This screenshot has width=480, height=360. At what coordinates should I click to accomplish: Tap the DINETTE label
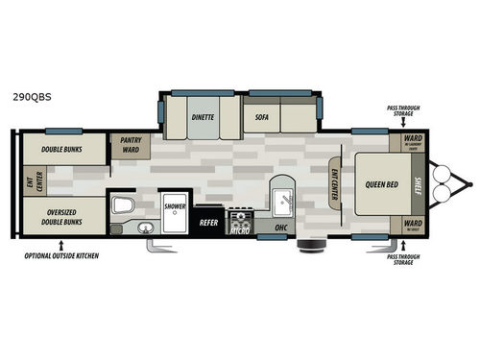coord(202,117)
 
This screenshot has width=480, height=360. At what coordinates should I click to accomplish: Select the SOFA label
coord(262,117)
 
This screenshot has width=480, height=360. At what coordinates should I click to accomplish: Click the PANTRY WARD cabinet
coord(129,146)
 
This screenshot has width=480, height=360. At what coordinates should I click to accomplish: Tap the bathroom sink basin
coord(144,228)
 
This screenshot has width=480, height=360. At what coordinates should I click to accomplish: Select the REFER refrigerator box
coord(209,222)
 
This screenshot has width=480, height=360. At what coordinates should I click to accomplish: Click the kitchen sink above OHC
coord(283,200)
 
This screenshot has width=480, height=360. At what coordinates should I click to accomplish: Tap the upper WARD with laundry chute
coord(413,143)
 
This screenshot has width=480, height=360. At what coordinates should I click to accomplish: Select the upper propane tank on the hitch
coord(444,173)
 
